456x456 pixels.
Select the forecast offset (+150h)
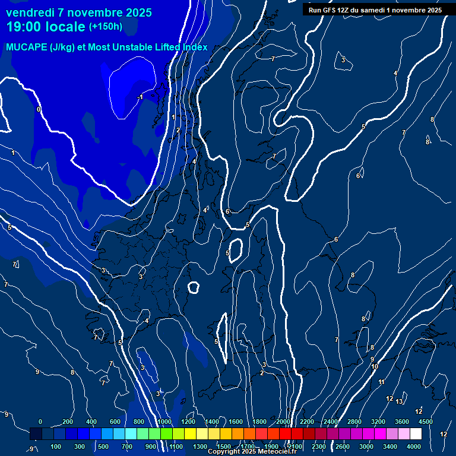pos(106,27)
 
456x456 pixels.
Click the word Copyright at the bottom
pos(223,452)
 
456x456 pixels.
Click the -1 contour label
pos(140,97)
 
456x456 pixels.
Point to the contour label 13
pos(399,402)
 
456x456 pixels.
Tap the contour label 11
pos(381,382)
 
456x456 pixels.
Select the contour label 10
pos(375,367)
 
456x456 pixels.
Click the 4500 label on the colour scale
pos(426,422)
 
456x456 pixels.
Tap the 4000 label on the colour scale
pos(414,446)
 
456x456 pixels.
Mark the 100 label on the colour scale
pos(56,446)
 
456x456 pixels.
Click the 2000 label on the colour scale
pos(283,422)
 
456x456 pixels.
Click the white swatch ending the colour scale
pos(416,435)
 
